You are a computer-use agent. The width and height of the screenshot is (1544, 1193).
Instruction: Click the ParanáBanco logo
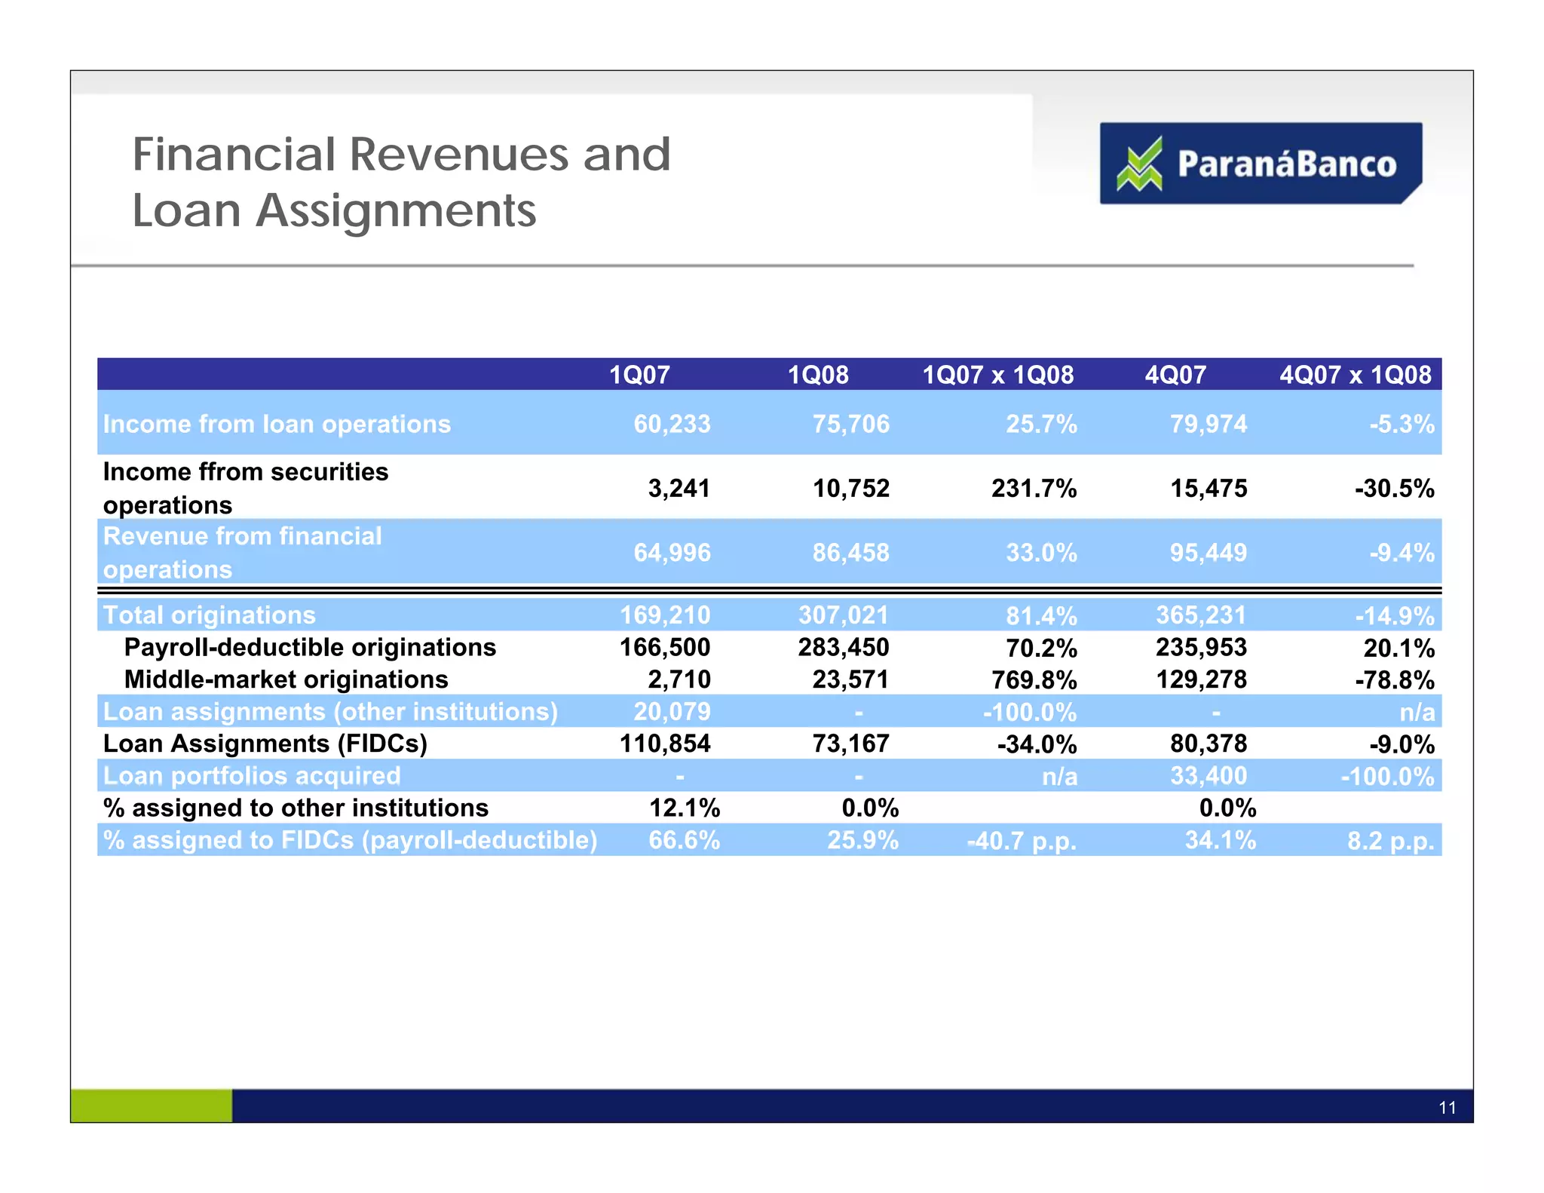pos(1260,163)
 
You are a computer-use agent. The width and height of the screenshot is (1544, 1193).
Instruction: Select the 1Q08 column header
pos(818,375)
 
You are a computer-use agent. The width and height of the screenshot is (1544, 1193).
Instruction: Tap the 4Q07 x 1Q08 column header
pos(1355,375)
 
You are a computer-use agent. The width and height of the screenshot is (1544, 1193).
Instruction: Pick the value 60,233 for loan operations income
pos(672,424)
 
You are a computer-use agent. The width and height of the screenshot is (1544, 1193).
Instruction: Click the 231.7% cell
pos(1034,489)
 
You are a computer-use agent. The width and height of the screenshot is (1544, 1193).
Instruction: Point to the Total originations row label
pos(209,615)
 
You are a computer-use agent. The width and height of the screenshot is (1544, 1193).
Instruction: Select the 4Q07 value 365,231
pos(1201,615)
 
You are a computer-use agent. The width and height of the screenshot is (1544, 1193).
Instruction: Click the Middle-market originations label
pos(286,679)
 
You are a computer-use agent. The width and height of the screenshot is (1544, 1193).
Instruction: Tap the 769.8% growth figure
pos(1034,680)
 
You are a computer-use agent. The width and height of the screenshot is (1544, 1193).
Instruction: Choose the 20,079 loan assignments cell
pos(672,711)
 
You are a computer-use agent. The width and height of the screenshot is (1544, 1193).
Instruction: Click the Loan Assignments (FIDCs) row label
pos(265,744)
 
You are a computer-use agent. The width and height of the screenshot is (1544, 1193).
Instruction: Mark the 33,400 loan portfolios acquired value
pos(1209,776)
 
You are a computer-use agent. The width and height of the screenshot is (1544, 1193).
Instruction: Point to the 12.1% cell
pos(685,808)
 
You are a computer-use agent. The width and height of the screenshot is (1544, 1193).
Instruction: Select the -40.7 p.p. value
pos(1022,841)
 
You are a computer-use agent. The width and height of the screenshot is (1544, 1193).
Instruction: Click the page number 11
pos(1447,1107)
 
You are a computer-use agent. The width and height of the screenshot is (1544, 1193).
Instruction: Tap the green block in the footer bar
pos(151,1106)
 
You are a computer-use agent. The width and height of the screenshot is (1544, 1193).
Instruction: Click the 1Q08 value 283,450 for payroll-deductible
pos(844,647)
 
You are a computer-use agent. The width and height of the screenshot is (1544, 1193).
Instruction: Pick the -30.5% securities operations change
pos(1394,489)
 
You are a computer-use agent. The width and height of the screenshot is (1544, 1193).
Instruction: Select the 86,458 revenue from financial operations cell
pos(850,553)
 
